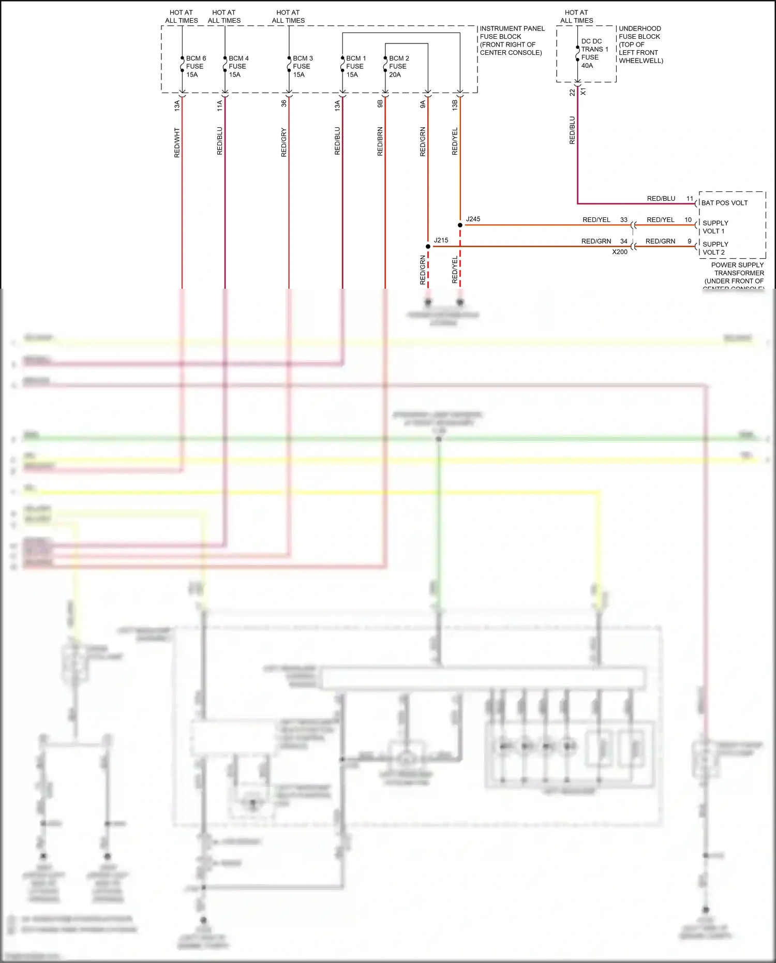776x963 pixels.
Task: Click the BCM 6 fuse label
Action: point(196,66)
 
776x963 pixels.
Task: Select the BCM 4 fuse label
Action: point(238,66)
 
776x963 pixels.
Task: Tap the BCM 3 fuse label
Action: point(303,66)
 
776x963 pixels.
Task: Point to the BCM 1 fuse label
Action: point(355,66)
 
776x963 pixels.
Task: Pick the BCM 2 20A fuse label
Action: point(398,66)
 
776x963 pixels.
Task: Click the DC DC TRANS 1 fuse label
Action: point(594,53)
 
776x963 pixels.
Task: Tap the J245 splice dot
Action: point(460,225)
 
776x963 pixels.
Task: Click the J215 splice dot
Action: point(428,246)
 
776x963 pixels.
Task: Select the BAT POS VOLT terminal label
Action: point(724,203)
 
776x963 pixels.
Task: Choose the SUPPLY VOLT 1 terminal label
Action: point(715,227)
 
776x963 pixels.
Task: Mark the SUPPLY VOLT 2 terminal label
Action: point(715,248)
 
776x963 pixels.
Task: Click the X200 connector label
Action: point(619,252)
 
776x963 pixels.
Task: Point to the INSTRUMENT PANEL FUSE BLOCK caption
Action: point(512,40)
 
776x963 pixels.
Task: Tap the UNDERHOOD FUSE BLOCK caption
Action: point(640,45)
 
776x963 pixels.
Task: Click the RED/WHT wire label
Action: point(177,143)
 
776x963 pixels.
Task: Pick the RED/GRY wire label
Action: point(283,142)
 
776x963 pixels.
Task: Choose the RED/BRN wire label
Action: point(380,142)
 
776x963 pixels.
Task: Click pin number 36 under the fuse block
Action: point(283,103)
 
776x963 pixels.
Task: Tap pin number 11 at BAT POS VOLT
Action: point(690,199)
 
